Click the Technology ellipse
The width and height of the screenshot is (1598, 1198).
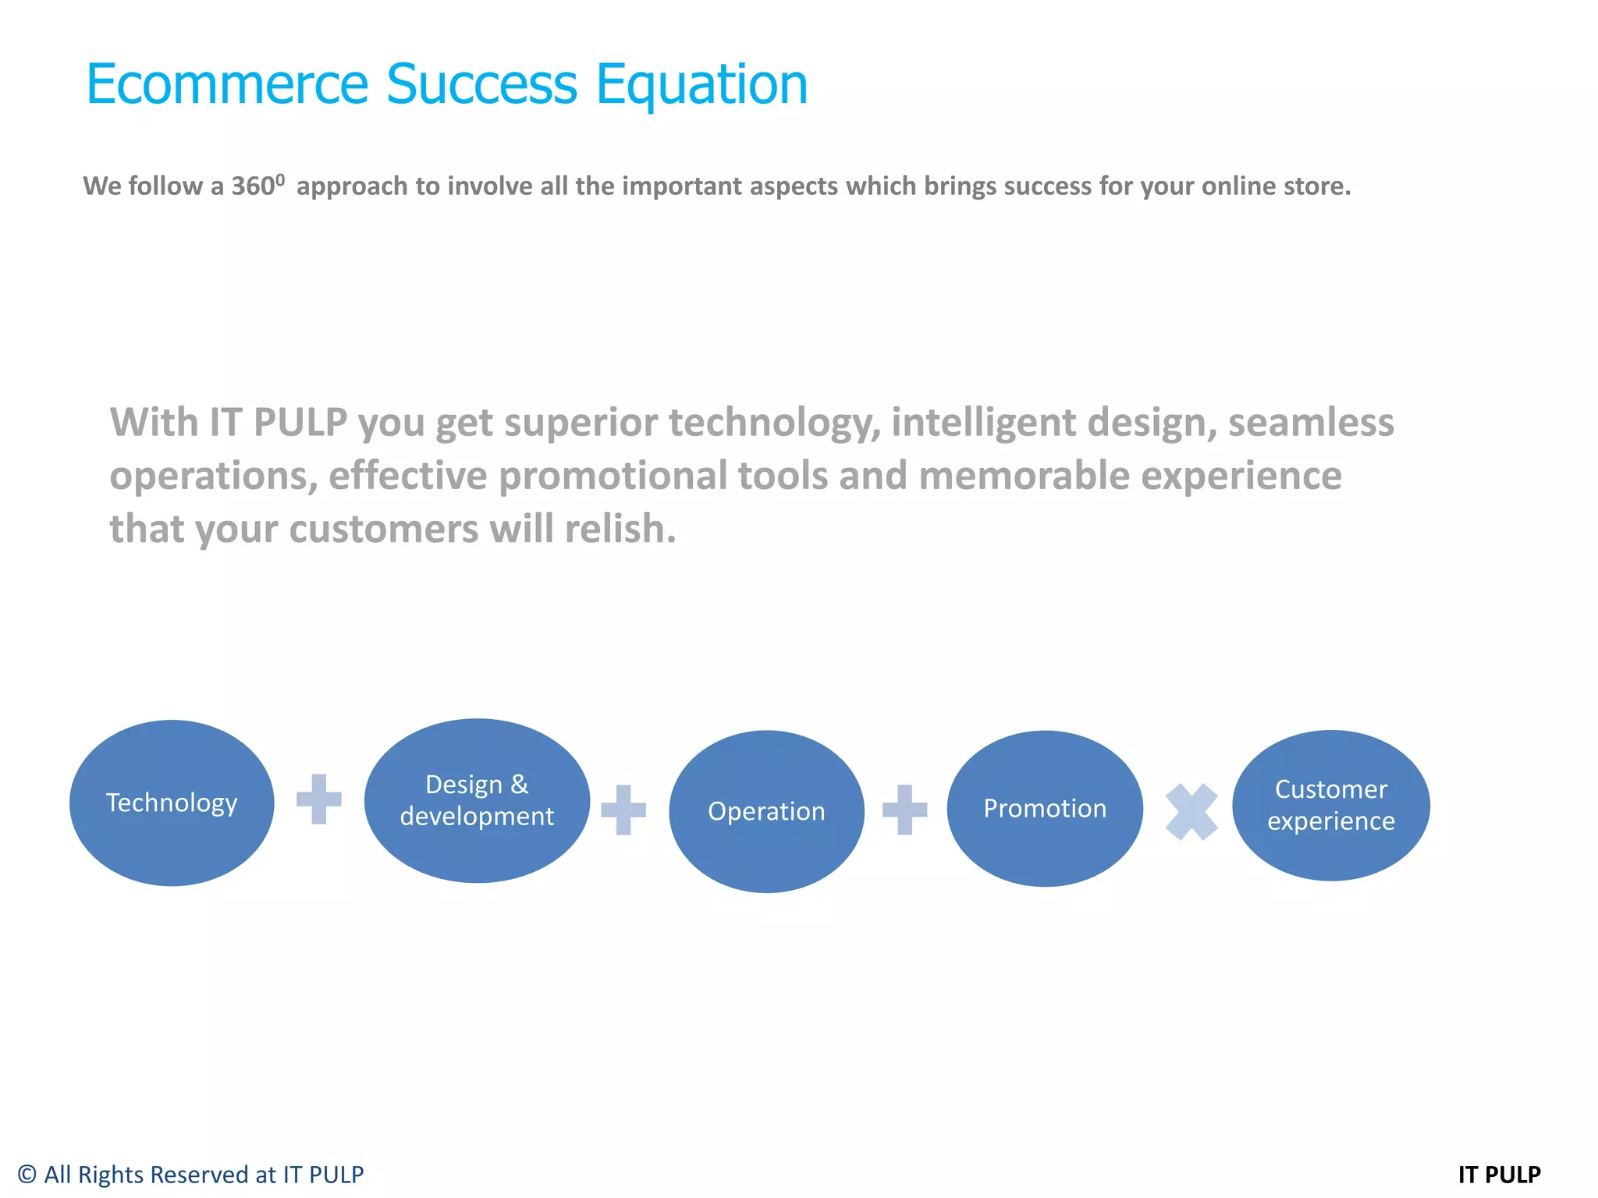(x=172, y=803)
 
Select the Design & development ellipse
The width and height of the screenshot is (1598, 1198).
(x=477, y=801)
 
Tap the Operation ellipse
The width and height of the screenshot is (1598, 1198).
(x=766, y=811)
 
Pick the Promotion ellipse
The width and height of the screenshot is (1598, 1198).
(x=1045, y=809)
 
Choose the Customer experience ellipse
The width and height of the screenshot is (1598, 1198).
(x=1331, y=805)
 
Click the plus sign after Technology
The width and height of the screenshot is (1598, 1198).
(x=319, y=799)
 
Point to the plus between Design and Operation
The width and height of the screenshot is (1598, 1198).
(x=623, y=810)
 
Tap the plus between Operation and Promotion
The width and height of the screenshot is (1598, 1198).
(x=905, y=810)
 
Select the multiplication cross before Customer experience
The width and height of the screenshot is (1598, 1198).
(x=1191, y=812)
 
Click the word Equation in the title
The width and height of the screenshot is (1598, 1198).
(x=701, y=85)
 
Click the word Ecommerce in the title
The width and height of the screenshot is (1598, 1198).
(x=226, y=83)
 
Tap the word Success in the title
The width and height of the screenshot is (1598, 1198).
(x=481, y=83)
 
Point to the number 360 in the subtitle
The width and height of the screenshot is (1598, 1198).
(x=253, y=186)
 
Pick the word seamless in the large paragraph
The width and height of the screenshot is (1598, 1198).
(x=1311, y=423)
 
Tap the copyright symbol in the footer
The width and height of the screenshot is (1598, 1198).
(x=27, y=1175)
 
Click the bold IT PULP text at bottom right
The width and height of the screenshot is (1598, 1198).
(x=1499, y=1175)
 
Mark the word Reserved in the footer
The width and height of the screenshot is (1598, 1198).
(x=198, y=1175)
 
